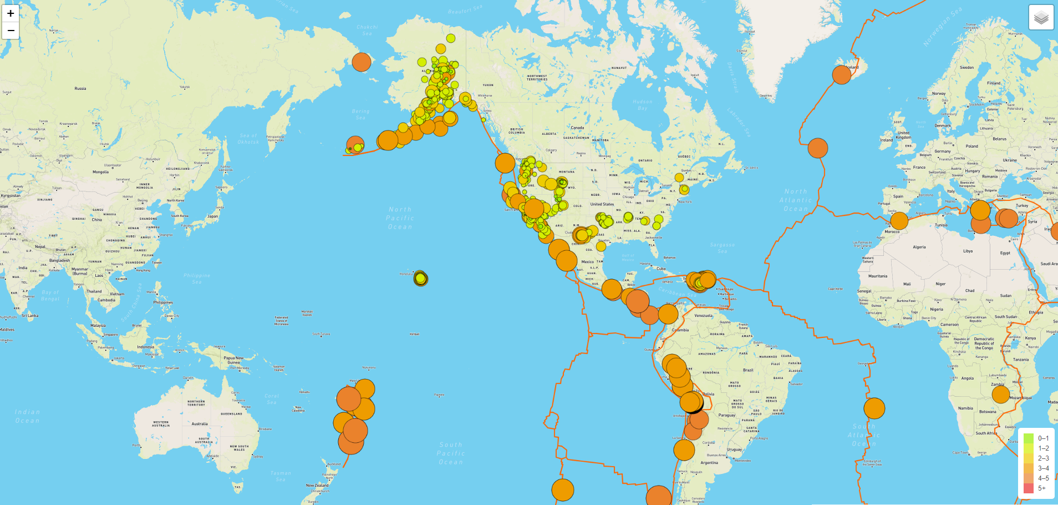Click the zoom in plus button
tap(11, 13)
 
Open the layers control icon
tap(1041, 18)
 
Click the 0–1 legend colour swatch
tap(1029, 438)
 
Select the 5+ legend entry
tap(1041, 488)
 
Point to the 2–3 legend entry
tap(1043, 458)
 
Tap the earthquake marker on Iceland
tap(841, 74)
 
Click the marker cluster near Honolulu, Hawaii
tap(420, 278)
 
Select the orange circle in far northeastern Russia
tap(361, 62)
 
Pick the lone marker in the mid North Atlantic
tap(817, 148)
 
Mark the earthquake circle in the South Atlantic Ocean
tap(874, 408)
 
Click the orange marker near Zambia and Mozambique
tap(1000, 395)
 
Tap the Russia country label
tap(80, 89)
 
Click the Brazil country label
tap(748, 370)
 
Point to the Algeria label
tap(919, 247)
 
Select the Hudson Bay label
tap(643, 105)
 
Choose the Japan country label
tap(212, 216)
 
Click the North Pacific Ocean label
tap(400, 218)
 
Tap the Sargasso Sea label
tap(722, 248)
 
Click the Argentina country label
tap(709, 462)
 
